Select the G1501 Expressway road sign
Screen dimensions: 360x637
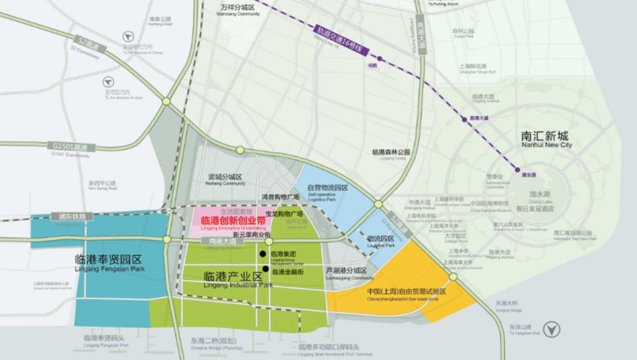(71, 147)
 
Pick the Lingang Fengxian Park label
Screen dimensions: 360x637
(109, 263)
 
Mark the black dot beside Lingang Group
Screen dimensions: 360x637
(262, 253)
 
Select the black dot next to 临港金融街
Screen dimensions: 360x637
(265, 269)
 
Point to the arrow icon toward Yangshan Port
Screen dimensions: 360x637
(552, 329)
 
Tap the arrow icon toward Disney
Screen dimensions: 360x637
(128, 36)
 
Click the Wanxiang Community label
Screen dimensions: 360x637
(238, 10)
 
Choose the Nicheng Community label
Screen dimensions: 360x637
(225, 180)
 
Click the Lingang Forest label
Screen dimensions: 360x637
(391, 154)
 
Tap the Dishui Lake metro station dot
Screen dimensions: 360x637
(517, 169)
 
